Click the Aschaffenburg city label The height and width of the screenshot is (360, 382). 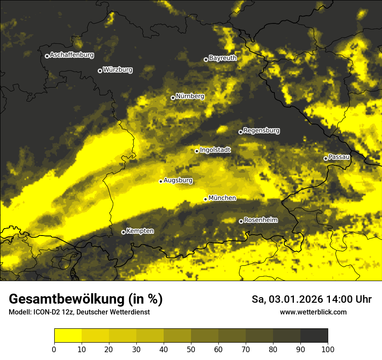(x=72, y=55)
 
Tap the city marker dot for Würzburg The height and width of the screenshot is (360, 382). (x=100, y=71)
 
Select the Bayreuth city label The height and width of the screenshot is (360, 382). (x=223, y=58)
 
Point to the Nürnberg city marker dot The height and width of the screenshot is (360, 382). (x=173, y=98)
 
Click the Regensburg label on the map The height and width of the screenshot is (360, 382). (x=261, y=131)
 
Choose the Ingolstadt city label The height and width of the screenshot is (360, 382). (x=215, y=150)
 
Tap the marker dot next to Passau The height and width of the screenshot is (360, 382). (x=326, y=158)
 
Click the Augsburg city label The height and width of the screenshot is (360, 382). (x=178, y=180)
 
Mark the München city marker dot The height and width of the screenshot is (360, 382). (x=205, y=199)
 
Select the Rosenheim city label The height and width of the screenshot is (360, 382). (x=260, y=220)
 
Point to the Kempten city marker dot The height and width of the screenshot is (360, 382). (x=123, y=232)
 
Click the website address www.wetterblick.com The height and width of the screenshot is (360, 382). (x=313, y=312)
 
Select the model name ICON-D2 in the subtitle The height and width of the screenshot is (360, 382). (x=50, y=312)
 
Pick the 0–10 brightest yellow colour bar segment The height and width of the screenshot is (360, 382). (x=68, y=336)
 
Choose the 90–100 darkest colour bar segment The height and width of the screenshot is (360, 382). (x=314, y=336)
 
